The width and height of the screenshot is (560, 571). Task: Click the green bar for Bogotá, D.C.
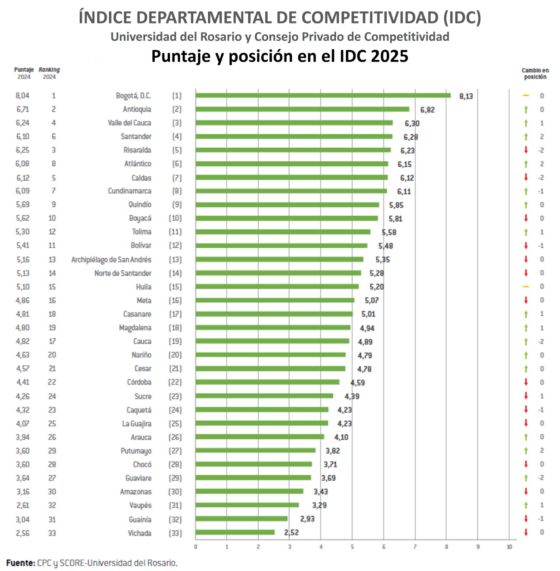click(x=323, y=95)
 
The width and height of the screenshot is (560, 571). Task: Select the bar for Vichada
click(x=235, y=532)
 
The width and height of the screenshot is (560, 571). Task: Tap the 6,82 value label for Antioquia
click(x=427, y=110)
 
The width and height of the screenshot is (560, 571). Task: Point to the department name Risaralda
click(x=137, y=150)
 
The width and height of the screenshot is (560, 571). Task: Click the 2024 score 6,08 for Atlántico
click(x=22, y=164)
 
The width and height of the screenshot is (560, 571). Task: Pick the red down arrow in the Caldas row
click(x=526, y=177)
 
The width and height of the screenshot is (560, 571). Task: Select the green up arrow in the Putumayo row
click(x=526, y=451)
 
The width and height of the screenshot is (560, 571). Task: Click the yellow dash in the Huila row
click(x=526, y=287)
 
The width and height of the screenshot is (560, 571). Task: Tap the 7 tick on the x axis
click(x=415, y=547)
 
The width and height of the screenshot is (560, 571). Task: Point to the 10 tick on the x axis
click(x=509, y=547)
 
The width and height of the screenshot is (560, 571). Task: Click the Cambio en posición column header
click(x=535, y=74)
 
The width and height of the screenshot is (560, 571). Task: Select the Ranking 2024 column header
click(x=49, y=73)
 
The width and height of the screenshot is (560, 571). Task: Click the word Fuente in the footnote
click(x=20, y=563)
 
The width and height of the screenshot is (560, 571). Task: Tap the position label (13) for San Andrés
click(x=175, y=259)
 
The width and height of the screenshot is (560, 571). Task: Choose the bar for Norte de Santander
click(x=278, y=273)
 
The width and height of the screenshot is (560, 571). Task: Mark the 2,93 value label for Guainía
click(x=307, y=519)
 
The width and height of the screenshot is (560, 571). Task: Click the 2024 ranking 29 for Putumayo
click(x=52, y=451)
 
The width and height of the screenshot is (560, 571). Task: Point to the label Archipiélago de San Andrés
click(x=111, y=259)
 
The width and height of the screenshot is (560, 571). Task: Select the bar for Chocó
click(x=253, y=464)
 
